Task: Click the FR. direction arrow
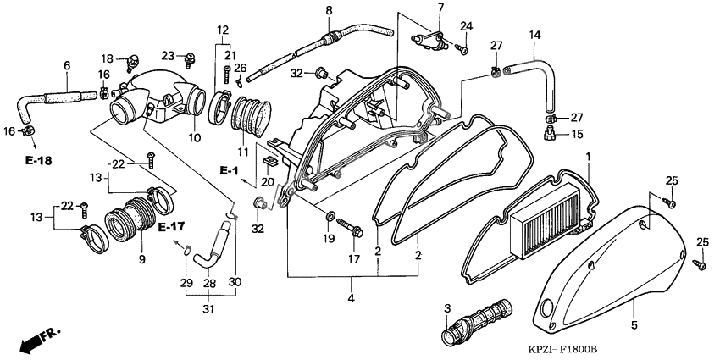tap(37, 341)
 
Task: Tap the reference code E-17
tap(171, 227)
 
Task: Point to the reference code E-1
tap(229, 172)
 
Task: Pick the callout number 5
tap(633, 324)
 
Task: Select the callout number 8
tap(329, 10)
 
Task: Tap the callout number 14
tap(534, 35)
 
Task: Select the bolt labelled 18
tap(132, 61)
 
